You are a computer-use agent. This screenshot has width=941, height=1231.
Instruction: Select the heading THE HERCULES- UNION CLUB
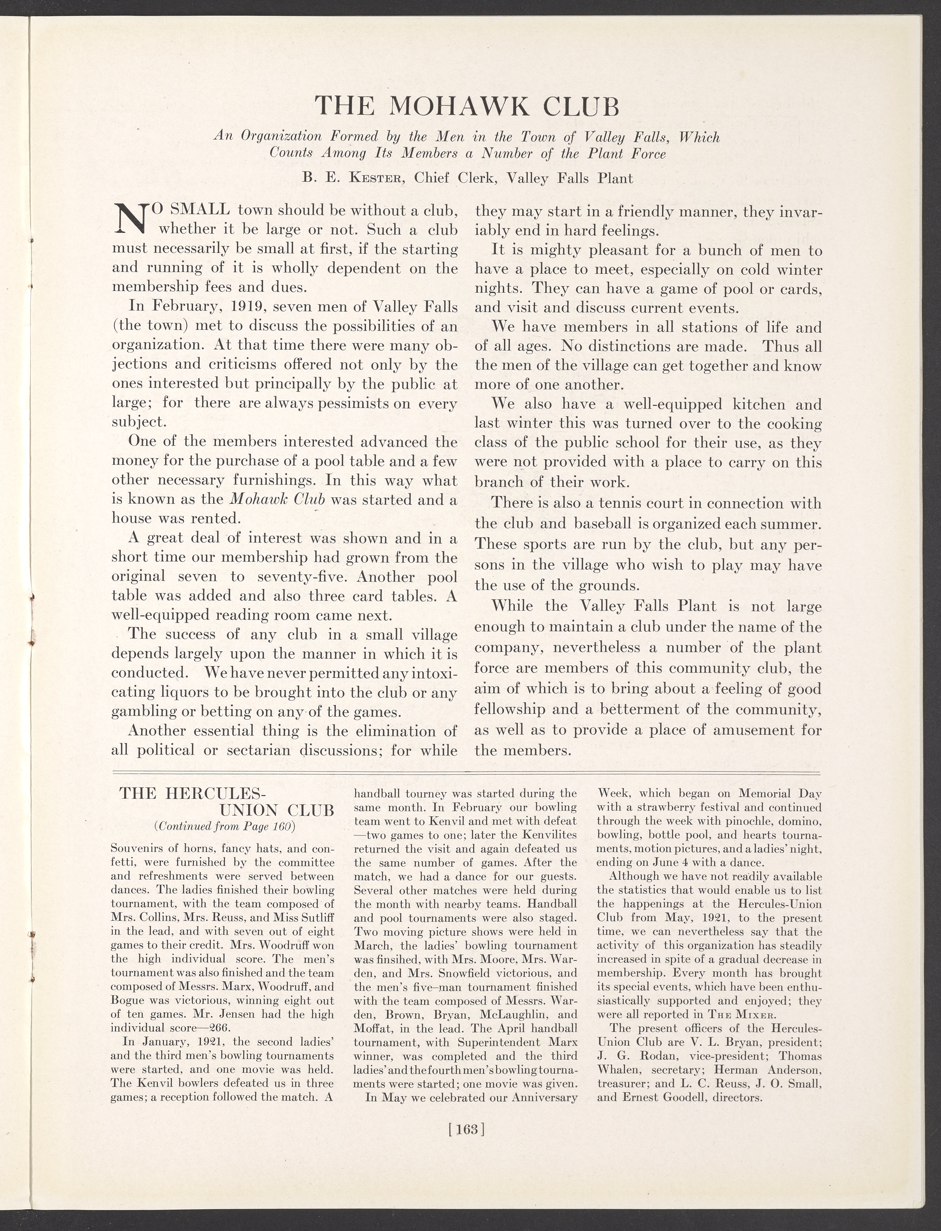(x=227, y=802)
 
